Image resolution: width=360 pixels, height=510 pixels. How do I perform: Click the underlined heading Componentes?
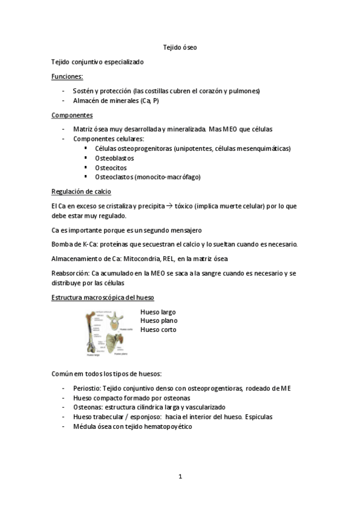tap(72, 115)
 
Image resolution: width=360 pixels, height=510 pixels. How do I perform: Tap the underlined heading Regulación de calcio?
tap(82, 192)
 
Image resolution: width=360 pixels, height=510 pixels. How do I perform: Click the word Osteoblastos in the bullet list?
tap(114, 158)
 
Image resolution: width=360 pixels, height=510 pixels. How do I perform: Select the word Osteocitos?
tap(111, 168)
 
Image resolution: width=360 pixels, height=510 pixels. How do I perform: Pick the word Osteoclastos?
tap(114, 177)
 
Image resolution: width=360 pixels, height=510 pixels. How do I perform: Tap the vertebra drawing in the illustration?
tap(112, 319)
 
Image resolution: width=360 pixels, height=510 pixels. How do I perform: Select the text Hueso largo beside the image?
tap(158, 312)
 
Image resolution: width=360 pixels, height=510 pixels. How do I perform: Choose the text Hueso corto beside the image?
tap(158, 329)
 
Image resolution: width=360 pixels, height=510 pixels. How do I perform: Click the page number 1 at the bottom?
tap(180, 476)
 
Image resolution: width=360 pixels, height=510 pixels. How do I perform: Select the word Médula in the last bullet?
tap(84, 426)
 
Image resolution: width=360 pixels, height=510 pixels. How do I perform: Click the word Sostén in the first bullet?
tap(83, 91)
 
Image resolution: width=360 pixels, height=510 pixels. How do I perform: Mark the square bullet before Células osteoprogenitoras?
tap(86, 148)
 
